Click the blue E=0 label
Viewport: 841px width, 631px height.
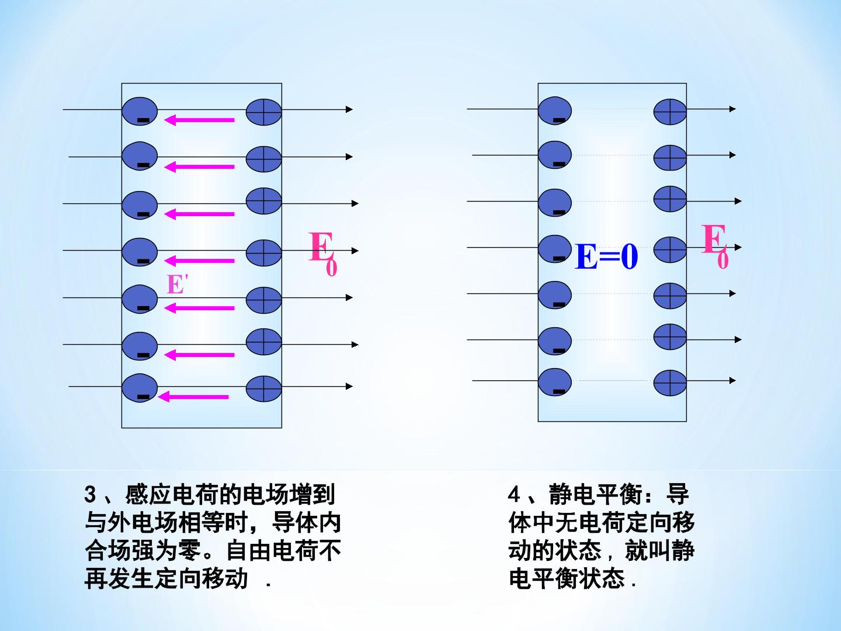tap(607, 256)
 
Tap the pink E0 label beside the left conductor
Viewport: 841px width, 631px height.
tap(323, 253)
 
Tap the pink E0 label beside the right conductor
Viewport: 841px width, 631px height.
tap(715, 246)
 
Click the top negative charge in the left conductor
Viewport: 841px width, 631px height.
tap(140, 112)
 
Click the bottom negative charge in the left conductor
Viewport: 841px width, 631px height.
tap(140, 388)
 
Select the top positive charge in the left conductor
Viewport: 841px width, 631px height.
tap(263, 112)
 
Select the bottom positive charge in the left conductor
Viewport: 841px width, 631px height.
tap(263, 389)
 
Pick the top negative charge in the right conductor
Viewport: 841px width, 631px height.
tap(555, 111)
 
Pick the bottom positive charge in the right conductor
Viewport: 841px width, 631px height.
tap(670, 383)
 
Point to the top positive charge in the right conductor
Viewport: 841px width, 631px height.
tap(670, 112)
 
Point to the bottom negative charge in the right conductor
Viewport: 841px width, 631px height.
tap(555, 382)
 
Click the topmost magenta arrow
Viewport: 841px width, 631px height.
tap(199, 120)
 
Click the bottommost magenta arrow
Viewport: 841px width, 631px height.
tap(193, 397)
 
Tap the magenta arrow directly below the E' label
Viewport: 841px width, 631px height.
tap(199, 308)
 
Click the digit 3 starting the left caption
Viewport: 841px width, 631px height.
tap(90, 495)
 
